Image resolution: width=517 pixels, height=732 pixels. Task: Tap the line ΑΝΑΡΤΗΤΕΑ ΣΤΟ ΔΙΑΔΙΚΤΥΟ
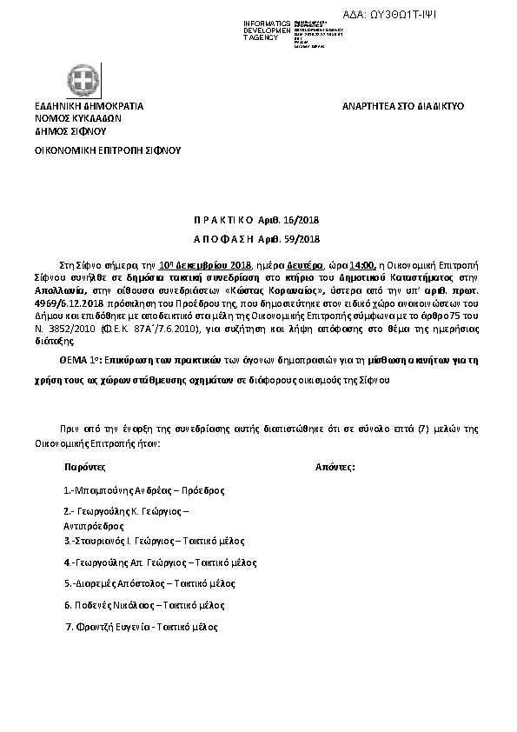(403, 106)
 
